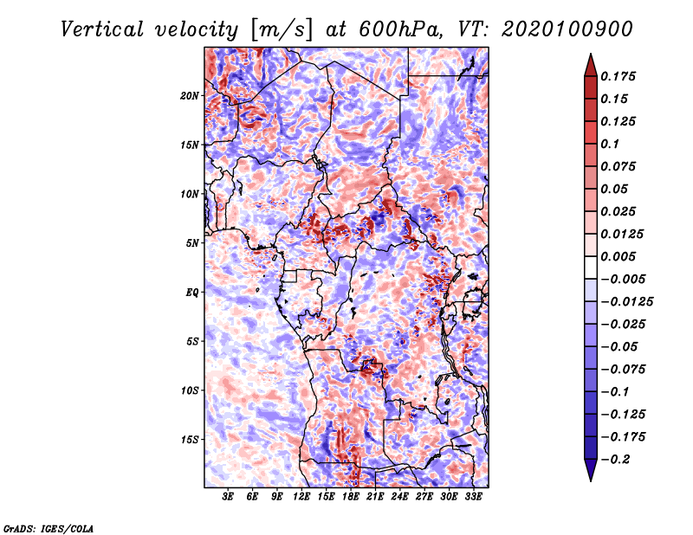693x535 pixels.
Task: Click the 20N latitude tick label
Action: click(x=190, y=96)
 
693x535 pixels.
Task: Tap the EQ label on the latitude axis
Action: click(x=192, y=293)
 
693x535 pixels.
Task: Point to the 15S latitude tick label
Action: click(x=190, y=440)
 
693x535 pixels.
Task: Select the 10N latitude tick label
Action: click(x=190, y=194)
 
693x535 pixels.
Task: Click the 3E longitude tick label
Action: click(x=228, y=497)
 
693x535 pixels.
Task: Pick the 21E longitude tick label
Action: click(x=375, y=497)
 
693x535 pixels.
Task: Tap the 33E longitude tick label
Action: click(x=473, y=497)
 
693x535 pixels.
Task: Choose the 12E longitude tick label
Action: click(x=301, y=497)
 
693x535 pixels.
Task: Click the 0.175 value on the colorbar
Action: click(x=618, y=76)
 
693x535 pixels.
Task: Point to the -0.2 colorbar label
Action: click(x=615, y=460)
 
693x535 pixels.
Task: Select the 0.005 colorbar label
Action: click(x=618, y=256)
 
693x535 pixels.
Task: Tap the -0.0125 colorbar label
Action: click(x=626, y=302)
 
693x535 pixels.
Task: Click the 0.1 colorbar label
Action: click(x=610, y=144)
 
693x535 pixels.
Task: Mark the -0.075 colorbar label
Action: click(x=623, y=370)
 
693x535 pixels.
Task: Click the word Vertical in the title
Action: click(x=102, y=29)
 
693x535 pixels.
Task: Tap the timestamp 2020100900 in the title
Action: click(x=567, y=29)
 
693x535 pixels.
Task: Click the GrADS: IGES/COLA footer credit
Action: click(x=49, y=528)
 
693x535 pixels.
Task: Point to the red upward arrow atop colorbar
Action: click(x=591, y=66)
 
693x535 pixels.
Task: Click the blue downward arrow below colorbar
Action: click(x=591, y=470)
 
